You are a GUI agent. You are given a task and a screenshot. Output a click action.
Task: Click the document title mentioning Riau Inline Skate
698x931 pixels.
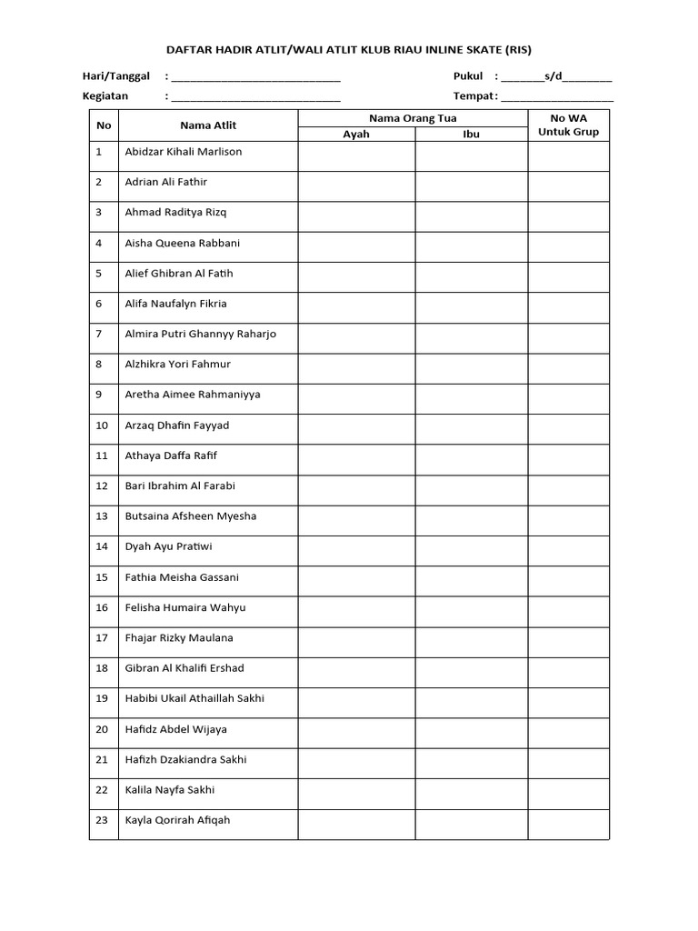click(x=349, y=50)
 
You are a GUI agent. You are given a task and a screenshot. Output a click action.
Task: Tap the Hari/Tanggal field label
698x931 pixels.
click(x=116, y=76)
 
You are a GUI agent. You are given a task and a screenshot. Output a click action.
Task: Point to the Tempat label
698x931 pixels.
click(x=474, y=96)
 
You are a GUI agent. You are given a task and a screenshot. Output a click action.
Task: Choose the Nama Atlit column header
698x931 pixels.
click(x=208, y=125)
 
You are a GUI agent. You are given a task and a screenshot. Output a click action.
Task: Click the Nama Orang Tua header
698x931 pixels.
click(x=413, y=118)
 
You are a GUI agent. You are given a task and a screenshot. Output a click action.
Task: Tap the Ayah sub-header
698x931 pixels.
click(x=356, y=135)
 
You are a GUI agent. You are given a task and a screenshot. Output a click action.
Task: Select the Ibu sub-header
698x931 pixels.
click(x=472, y=135)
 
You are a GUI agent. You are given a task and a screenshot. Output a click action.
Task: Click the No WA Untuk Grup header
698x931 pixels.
click(x=569, y=125)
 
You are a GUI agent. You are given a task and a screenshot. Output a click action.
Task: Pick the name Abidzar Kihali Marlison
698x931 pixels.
click(x=184, y=152)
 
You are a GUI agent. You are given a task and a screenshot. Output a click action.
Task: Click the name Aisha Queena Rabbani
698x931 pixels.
click(x=182, y=244)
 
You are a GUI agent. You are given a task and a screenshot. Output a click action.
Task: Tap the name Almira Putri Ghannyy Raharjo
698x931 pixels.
click(x=200, y=335)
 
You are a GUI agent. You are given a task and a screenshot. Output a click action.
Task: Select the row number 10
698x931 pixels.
click(x=103, y=425)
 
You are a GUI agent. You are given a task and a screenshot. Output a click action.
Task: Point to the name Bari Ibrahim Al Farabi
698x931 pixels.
click(x=180, y=486)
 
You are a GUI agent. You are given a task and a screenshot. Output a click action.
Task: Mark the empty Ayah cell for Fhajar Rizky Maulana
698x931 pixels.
click(x=356, y=638)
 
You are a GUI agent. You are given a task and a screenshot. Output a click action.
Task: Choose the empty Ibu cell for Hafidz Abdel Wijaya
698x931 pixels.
click(x=472, y=729)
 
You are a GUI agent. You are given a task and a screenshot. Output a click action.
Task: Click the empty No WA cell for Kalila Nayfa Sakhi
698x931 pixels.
click(x=569, y=790)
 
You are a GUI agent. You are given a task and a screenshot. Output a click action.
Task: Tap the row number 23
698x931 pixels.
click(x=103, y=820)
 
